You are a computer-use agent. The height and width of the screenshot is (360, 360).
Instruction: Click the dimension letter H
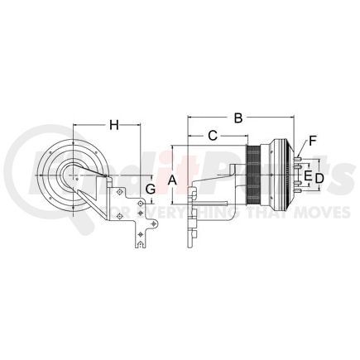(114, 125)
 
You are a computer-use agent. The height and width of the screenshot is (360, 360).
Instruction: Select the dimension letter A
(171, 180)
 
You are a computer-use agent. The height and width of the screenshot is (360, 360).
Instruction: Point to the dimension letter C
(212, 134)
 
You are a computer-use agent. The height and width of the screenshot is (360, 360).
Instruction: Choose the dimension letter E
(307, 176)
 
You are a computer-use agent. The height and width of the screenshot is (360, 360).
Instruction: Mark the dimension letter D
(319, 177)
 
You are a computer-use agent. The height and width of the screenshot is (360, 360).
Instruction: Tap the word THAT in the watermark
(281, 214)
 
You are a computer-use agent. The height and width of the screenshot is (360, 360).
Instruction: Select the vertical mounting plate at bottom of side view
(192, 223)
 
